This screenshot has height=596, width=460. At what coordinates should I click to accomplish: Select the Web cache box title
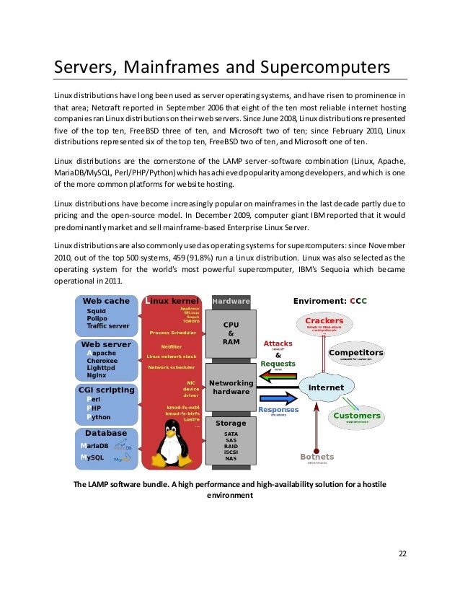pyautogui.click(x=107, y=301)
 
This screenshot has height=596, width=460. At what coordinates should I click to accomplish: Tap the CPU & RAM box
pyautogui.click(x=231, y=333)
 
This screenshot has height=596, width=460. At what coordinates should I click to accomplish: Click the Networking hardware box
pyautogui.click(x=231, y=387)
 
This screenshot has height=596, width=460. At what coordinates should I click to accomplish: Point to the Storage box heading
pyautogui.click(x=231, y=422)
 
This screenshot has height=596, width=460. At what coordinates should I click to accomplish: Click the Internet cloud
pyautogui.click(x=326, y=387)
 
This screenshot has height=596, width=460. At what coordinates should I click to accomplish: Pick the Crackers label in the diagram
pyautogui.click(x=324, y=320)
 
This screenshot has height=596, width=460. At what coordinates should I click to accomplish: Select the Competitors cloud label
pyautogui.click(x=355, y=353)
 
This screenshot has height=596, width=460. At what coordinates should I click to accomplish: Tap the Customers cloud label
pyautogui.click(x=356, y=416)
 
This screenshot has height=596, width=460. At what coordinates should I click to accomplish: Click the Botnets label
pyautogui.click(x=317, y=457)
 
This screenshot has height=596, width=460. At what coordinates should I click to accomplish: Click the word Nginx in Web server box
pyautogui.click(x=97, y=376)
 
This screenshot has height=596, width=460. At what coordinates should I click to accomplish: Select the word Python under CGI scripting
pyautogui.click(x=99, y=417)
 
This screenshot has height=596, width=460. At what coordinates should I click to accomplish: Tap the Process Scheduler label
pyautogui.click(x=172, y=333)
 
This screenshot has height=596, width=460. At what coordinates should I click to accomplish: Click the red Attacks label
pyautogui.click(x=278, y=343)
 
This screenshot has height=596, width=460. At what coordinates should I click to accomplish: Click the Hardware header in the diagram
pyautogui.click(x=231, y=301)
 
